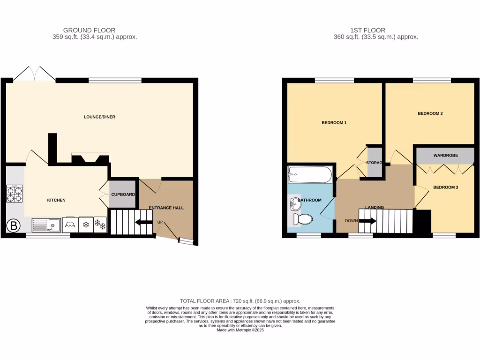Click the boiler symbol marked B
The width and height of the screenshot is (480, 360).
tap(14, 226)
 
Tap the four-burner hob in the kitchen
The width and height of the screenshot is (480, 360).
tap(14, 193)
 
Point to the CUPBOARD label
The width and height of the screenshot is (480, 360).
tap(123, 194)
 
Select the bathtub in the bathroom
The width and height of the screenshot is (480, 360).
tap(310, 175)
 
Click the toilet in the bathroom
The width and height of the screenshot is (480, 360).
tap(303, 219)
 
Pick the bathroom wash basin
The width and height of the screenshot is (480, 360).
tap(294, 203)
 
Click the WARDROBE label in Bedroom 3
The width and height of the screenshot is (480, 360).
tap(445, 155)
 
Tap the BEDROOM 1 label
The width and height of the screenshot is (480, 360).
tap(334, 123)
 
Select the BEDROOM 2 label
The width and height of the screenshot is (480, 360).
tap(430, 113)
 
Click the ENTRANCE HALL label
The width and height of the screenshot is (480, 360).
tap(166, 208)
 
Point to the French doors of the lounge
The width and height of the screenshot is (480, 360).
tap(34, 74)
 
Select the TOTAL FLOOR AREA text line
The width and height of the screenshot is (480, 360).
tap(240, 301)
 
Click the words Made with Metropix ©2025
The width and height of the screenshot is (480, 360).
tap(240, 330)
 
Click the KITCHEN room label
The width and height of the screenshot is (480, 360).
tap(56, 200)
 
